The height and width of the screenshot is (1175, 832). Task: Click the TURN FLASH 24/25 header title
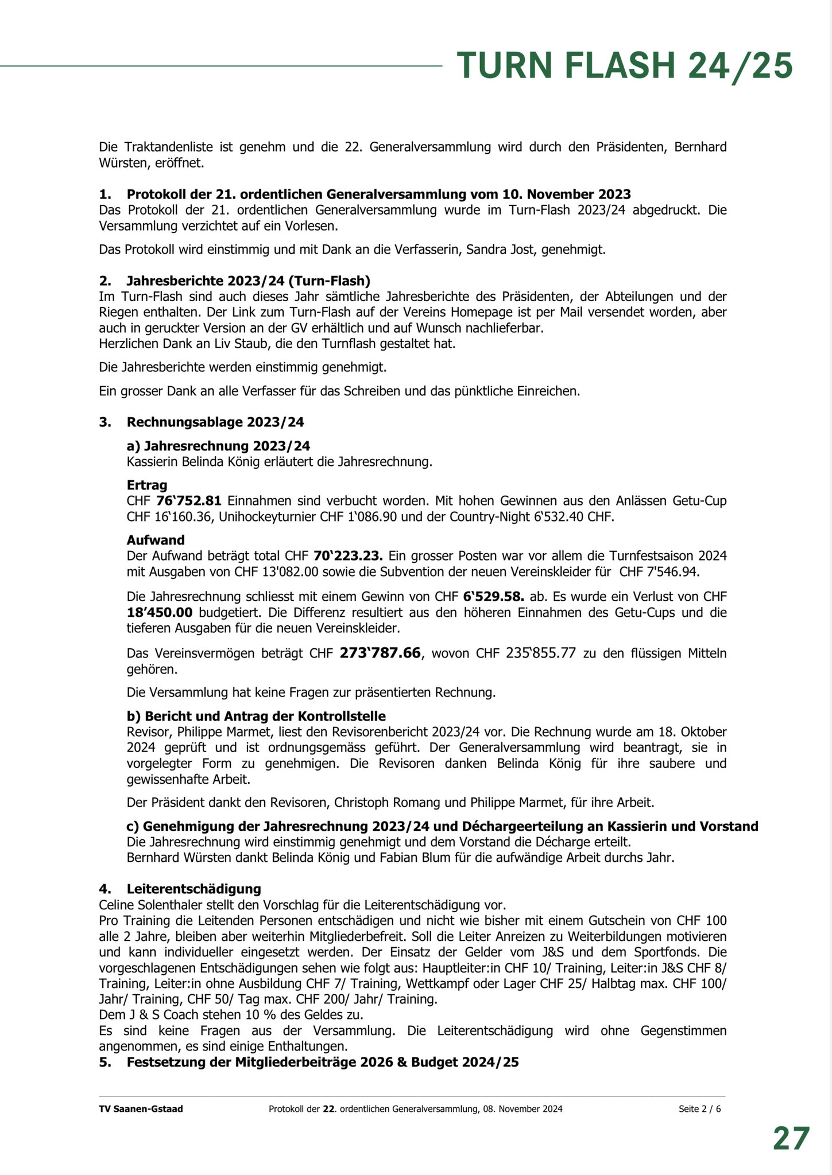point(625,65)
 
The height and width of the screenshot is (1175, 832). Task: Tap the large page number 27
point(791,1138)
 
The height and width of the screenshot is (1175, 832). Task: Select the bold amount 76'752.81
point(188,501)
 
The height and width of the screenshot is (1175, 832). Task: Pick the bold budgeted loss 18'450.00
point(159,612)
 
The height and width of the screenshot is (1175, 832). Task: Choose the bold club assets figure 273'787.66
point(380,653)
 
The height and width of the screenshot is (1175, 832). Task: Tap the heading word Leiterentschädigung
point(194,889)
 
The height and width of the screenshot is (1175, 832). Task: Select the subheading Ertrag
point(147,485)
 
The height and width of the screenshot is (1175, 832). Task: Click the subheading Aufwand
point(156,540)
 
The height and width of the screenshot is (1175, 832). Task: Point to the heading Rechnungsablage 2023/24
point(215,422)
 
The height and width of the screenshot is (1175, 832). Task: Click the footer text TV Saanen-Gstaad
point(141,1109)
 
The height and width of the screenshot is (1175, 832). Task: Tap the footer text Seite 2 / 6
point(699,1109)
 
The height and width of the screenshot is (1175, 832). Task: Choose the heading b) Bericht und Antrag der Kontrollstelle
point(256,716)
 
